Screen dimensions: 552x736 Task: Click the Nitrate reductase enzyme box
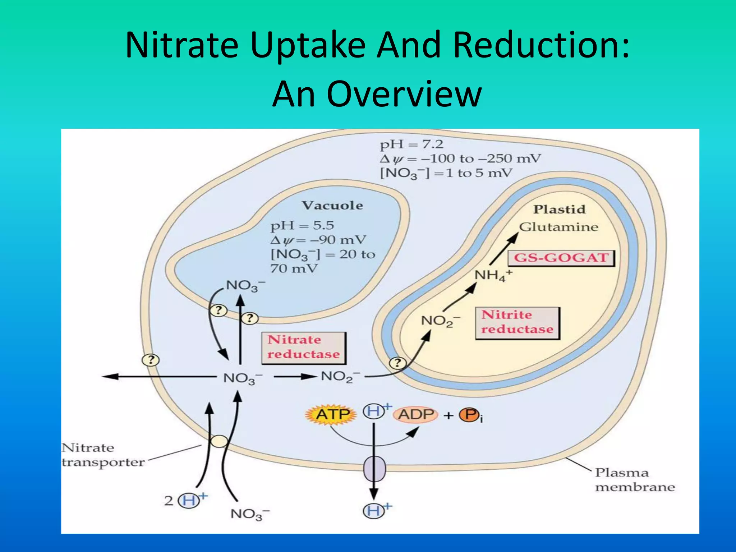click(304, 348)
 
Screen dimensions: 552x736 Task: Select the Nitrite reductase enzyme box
click(517, 323)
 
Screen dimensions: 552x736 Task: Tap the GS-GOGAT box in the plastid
click(561, 258)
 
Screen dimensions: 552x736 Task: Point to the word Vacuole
click(332, 206)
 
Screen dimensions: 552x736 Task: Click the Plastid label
click(559, 209)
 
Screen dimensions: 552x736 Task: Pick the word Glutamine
click(558, 227)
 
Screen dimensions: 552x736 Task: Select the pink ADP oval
click(416, 415)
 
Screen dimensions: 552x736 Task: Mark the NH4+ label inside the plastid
click(493, 276)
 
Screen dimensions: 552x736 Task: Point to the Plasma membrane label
click(635, 480)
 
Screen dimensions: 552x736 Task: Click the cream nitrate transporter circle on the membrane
click(219, 441)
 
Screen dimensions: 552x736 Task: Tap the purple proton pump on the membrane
click(374, 469)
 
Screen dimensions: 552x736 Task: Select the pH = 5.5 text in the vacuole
click(302, 226)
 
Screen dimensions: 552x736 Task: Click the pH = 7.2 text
click(411, 144)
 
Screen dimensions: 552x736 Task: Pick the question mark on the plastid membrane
click(397, 363)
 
